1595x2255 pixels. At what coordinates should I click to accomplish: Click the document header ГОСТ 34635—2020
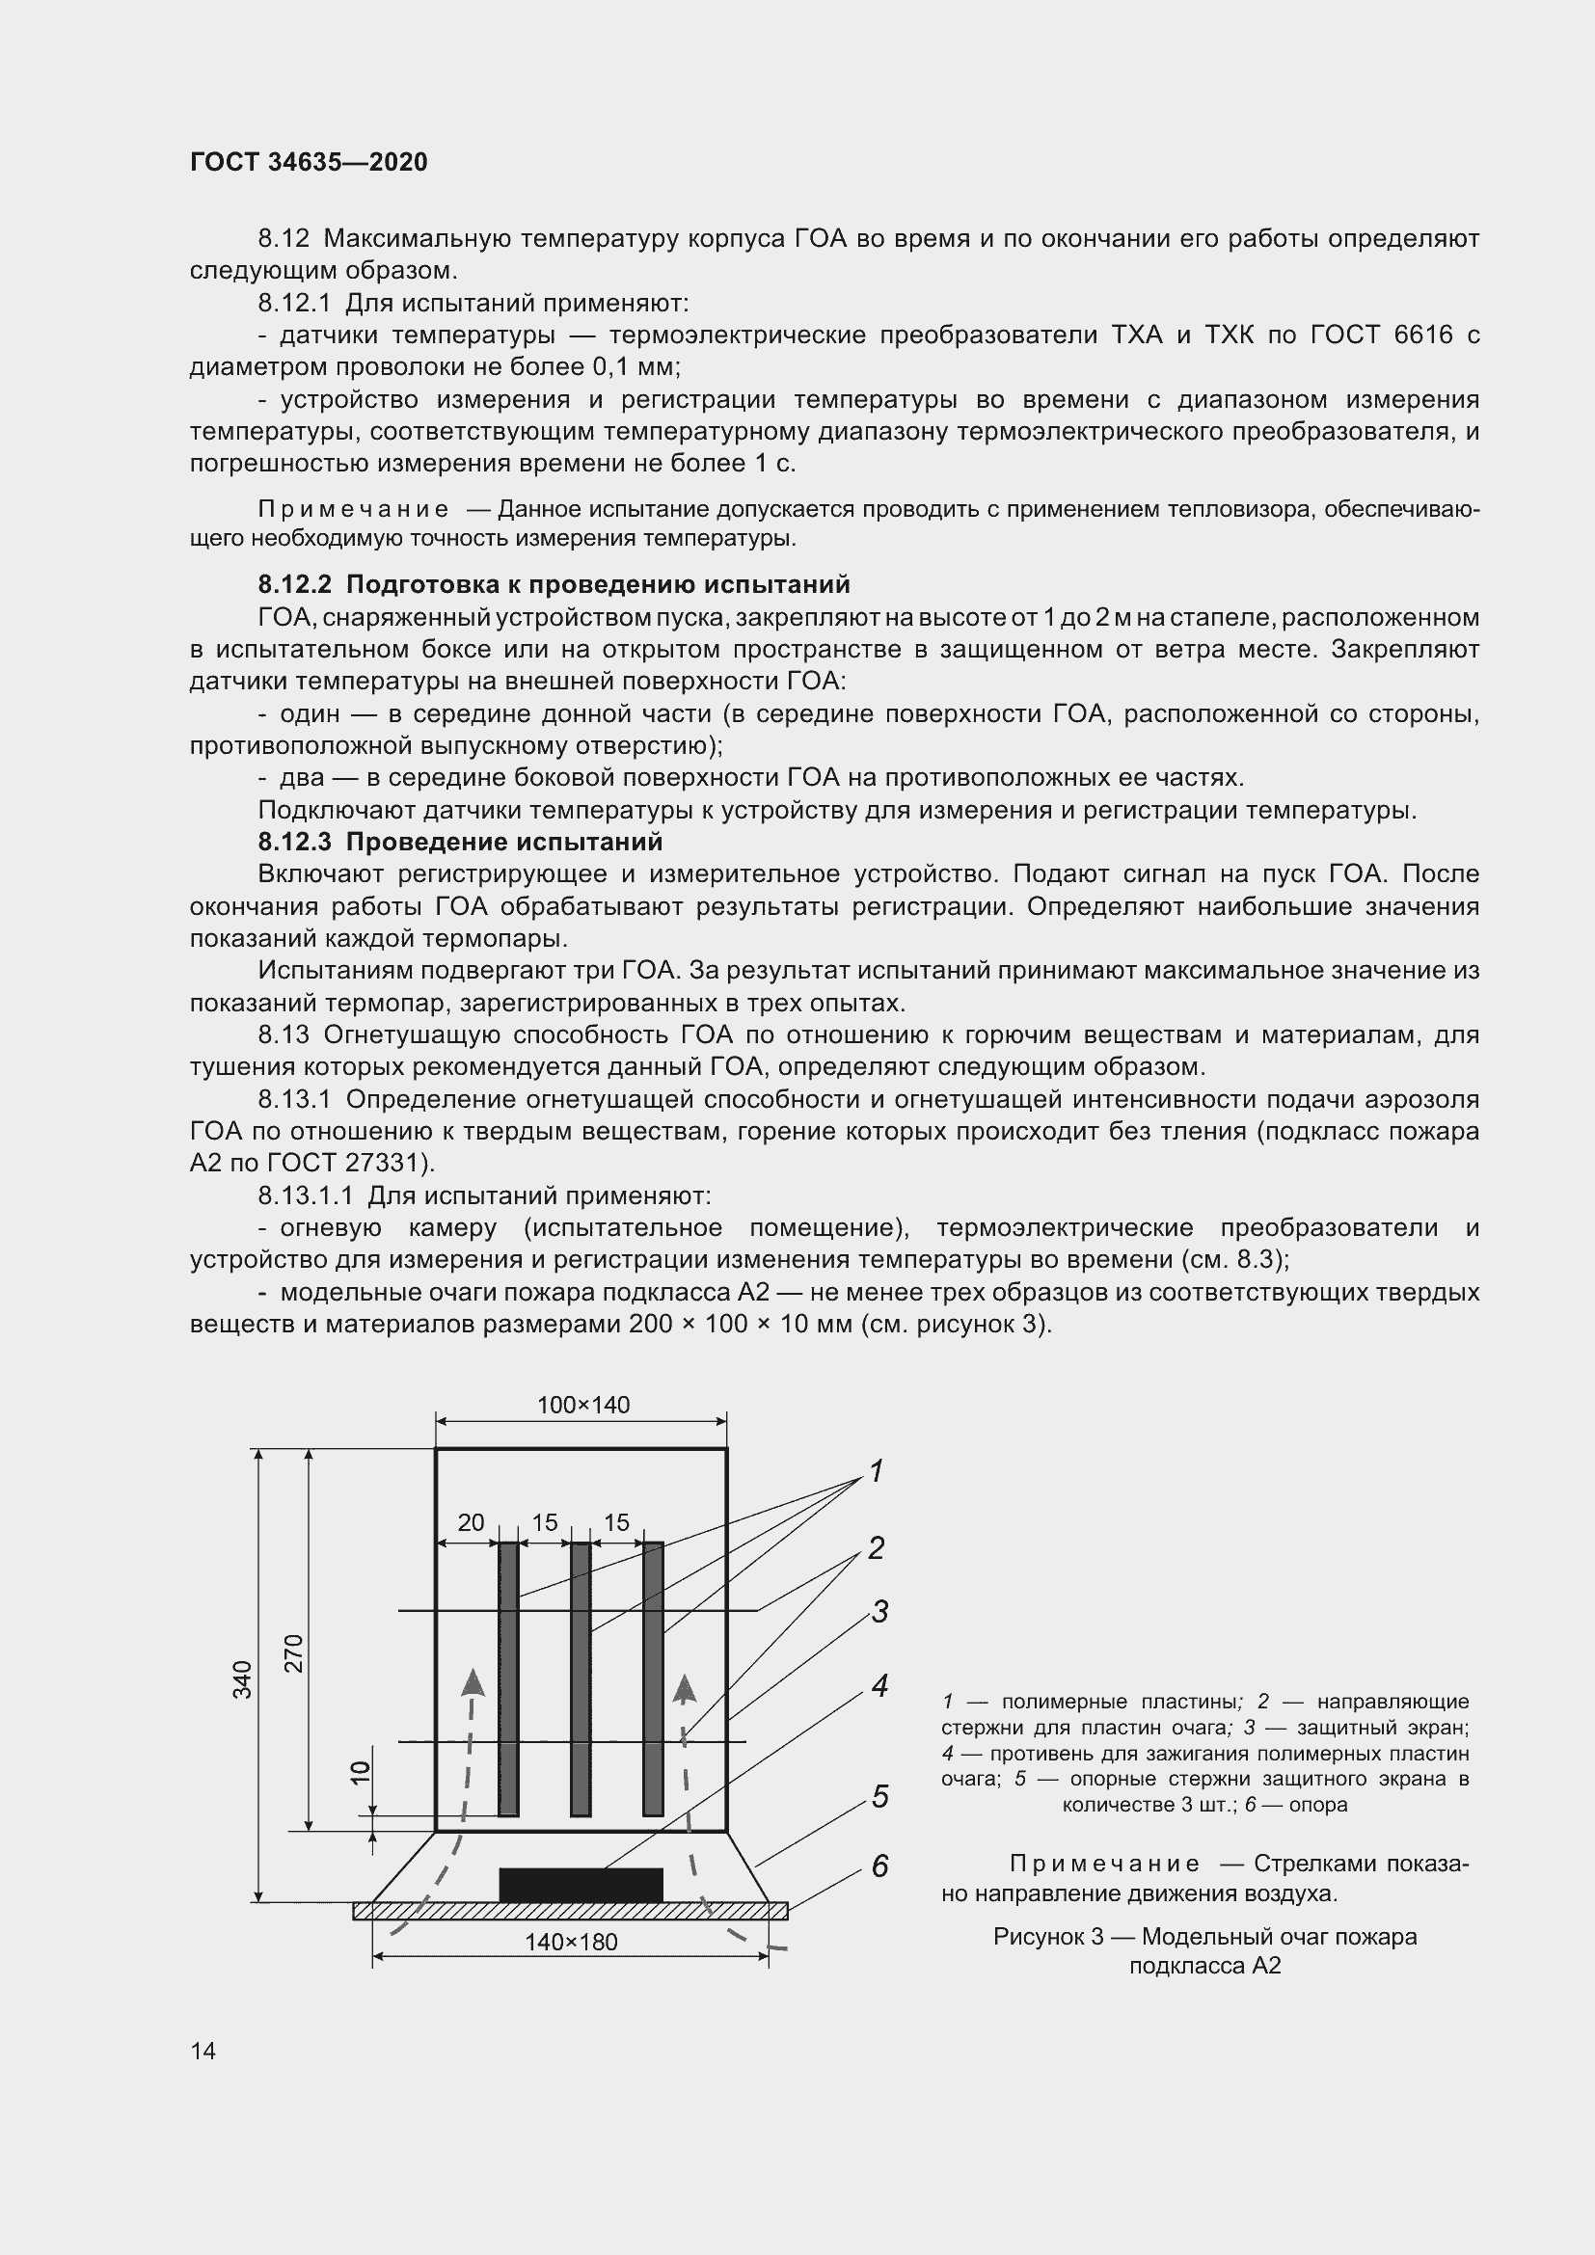click(309, 162)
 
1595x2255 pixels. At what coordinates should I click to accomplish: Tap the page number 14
click(203, 2051)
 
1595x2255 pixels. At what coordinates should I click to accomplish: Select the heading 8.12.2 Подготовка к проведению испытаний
click(554, 584)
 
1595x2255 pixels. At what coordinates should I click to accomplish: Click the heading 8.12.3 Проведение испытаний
click(460, 842)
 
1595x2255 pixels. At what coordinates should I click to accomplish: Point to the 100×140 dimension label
click(582, 1405)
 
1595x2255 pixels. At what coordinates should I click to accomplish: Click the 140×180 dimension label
click(571, 1942)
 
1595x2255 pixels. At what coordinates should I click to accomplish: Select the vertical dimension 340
click(243, 1678)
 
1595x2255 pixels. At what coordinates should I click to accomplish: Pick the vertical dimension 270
click(294, 1653)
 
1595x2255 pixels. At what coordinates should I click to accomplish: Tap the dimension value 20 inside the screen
click(471, 1522)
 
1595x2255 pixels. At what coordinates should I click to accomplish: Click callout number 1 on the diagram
click(876, 1471)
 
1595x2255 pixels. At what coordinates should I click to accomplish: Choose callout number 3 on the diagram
click(880, 1612)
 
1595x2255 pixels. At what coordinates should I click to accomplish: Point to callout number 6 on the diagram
click(880, 1866)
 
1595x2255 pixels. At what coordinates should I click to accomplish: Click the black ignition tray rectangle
click(581, 1885)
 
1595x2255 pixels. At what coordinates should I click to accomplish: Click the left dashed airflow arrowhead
click(473, 1681)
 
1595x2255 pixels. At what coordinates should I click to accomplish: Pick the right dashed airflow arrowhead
click(685, 1689)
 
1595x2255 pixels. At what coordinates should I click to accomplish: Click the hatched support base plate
click(570, 1910)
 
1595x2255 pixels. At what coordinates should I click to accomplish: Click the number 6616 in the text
click(1422, 335)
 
